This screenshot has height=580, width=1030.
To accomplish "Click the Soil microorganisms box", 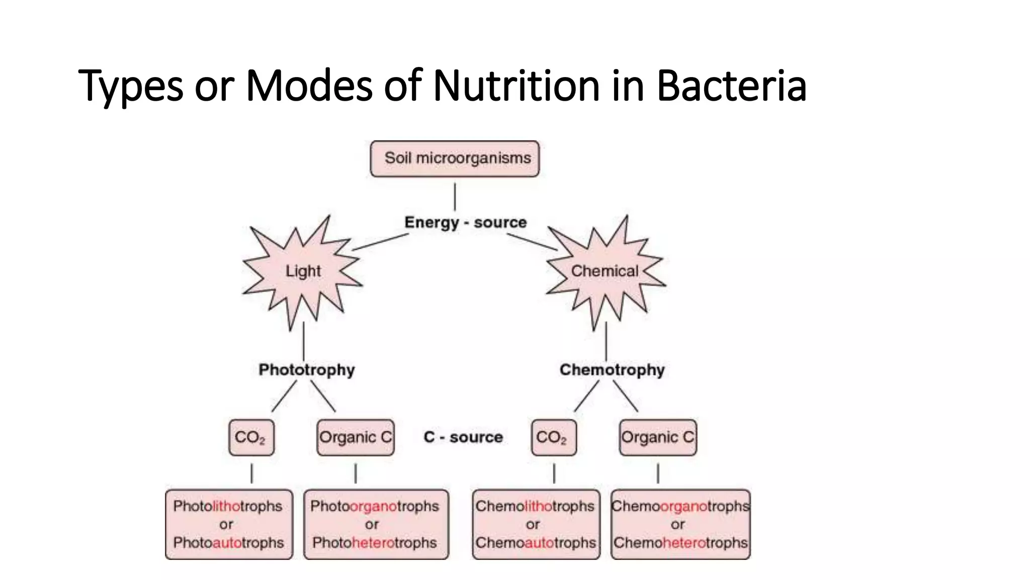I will pos(455,159).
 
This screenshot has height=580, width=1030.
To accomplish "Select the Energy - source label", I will pos(465,223).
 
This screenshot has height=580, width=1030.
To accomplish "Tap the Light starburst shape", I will pos(303,271).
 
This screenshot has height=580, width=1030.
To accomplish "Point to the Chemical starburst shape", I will pos(605,271).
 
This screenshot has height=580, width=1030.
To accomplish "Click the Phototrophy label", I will pos(307,370).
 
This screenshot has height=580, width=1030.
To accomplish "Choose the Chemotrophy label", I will pos(612,370).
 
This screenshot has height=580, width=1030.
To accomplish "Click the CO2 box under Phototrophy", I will pos(251,438).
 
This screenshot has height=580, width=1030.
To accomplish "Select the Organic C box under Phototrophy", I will pos(356,438).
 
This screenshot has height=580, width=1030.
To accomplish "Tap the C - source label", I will pos(463,437).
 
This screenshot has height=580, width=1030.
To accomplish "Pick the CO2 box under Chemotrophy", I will pos(554,438).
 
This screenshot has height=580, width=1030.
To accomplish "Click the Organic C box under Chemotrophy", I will pos(658,438).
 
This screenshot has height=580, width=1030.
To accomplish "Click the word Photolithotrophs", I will pos(228,506).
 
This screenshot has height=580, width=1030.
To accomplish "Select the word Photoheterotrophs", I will pos(375,543).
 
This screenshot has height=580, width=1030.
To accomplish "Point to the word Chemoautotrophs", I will pos(536,543).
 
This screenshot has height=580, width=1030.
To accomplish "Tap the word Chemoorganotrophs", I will pos(680,506).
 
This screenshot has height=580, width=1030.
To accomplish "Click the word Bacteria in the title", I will pos(731,86).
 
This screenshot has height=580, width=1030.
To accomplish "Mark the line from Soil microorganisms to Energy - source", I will pos(455,196).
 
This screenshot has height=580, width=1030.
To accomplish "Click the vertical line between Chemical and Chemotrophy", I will pos(606,341).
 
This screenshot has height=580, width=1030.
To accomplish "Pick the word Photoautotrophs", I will pos(228,543).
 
